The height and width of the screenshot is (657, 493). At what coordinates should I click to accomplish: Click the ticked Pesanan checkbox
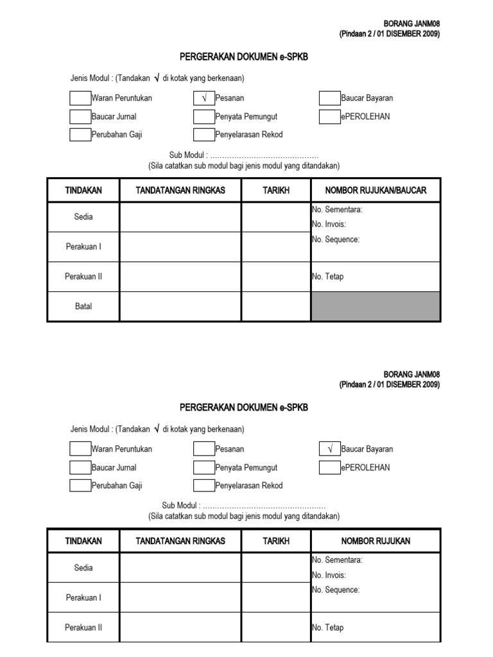tap(203, 98)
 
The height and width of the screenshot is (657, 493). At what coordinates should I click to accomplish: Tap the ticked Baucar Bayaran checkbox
tap(329, 449)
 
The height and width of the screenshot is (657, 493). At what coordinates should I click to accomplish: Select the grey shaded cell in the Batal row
tap(376, 306)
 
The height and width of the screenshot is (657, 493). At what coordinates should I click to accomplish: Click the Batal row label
tap(83, 306)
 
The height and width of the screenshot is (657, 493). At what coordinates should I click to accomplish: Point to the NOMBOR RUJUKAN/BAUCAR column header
tap(376, 191)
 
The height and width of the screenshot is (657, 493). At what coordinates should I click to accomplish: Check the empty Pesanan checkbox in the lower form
tap(203, 449)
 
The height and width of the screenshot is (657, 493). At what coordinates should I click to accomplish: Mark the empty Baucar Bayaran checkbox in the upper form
tap(329, 98)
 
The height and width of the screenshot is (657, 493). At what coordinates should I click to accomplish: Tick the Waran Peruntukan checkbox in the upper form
tap(80, 98)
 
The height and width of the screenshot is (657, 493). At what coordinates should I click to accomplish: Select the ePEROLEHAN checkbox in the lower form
tap(329, 467)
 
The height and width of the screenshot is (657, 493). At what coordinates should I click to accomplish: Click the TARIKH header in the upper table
tap(276, 191)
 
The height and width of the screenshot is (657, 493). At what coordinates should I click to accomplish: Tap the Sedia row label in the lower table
tap(83, 568)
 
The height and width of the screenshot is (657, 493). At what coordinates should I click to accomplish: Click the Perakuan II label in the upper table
tap(83, 277)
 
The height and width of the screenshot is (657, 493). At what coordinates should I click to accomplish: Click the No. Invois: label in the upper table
tap(329, 224)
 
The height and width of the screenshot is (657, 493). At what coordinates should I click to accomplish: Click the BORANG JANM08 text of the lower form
tap(411, 374)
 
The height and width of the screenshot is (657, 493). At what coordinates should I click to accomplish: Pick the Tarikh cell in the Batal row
tap(276, 306)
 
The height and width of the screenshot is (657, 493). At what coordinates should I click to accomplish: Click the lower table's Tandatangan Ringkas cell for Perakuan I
tap(180, 597)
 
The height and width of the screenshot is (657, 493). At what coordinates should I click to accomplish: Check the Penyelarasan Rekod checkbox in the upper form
tap(203, 134)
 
